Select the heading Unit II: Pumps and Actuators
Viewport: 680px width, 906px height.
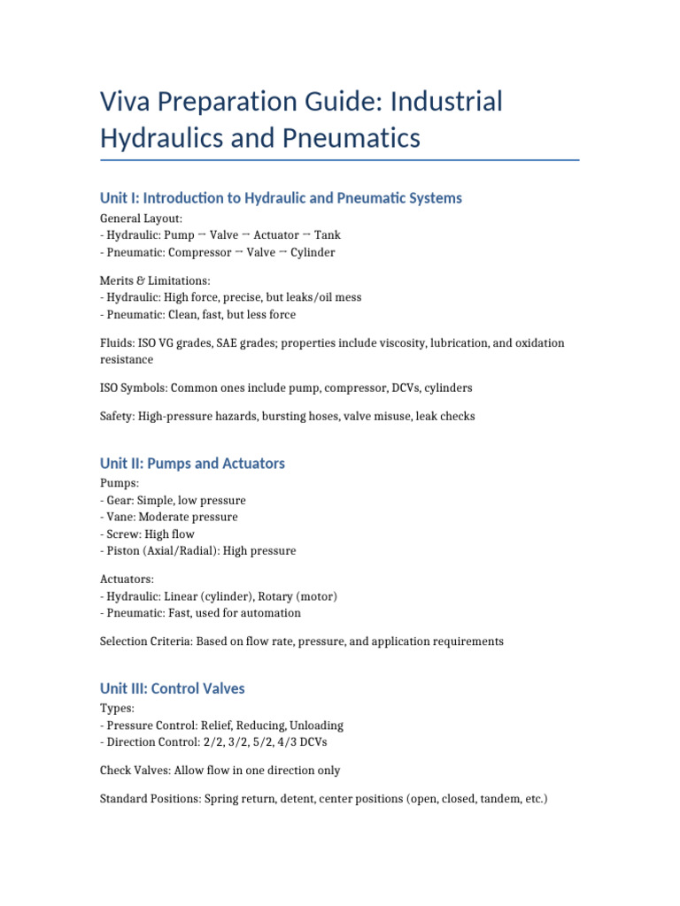tap(192, 464)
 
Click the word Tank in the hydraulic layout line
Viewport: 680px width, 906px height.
tap(326, 235)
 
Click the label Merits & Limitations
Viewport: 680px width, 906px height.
tap(155, 280)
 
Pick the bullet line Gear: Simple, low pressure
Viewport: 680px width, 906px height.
tap(174, 500)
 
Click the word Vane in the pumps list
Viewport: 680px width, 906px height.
tap(120, 517)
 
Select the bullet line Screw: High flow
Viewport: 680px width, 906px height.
tap(148, 534)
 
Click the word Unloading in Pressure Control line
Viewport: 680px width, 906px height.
tap(316, 725)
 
